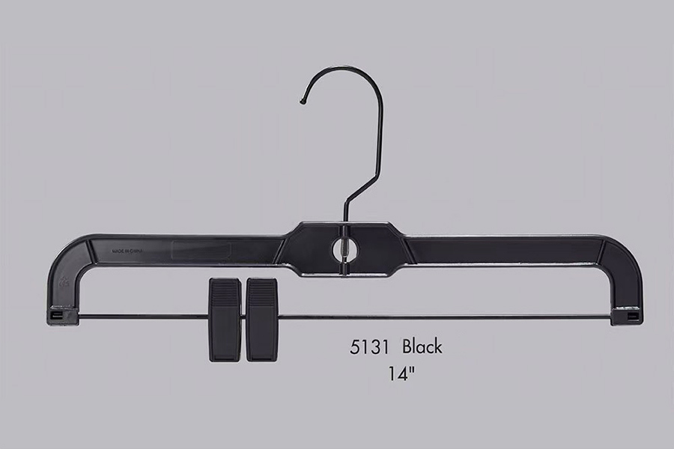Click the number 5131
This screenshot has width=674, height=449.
pyautogui.click(x=369, y=347)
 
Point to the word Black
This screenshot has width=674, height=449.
pyautogui.click(x=422, y=346)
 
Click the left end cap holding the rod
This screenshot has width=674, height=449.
pyautogui.click(x=63, y=317)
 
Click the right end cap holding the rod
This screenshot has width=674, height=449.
pyautogui.click(x=626, y=317)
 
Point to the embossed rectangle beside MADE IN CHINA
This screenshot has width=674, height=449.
pyautogui.click(x=201, y=251)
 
